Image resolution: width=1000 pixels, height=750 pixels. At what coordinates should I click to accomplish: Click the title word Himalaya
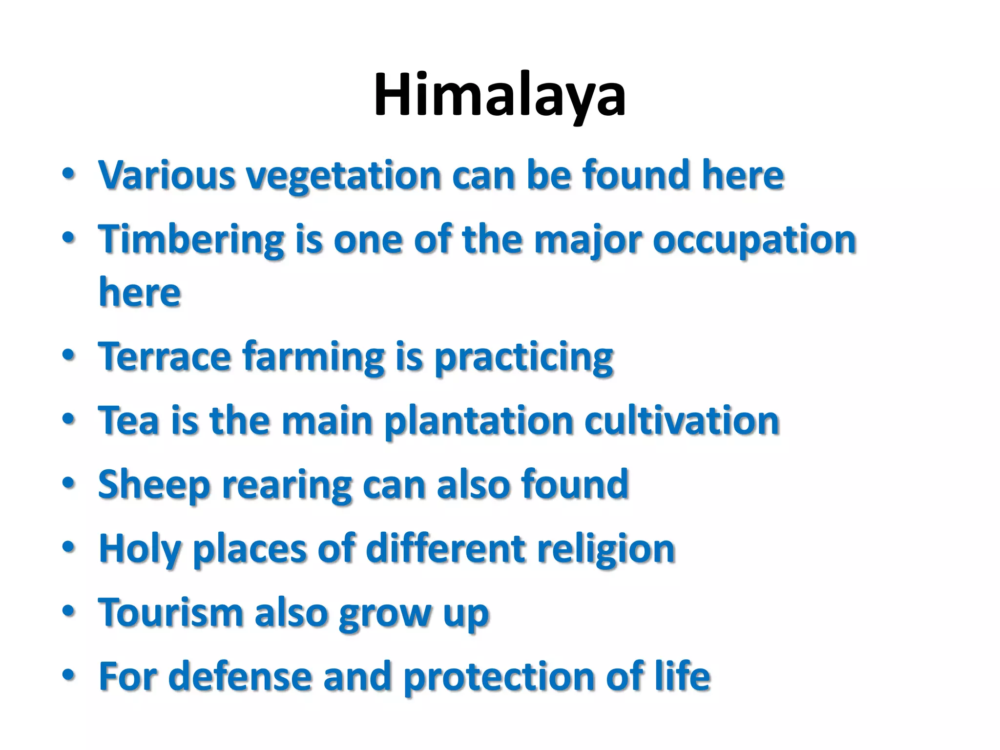point(500,95)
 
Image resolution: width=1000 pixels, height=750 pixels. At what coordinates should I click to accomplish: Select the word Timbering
point(191,241)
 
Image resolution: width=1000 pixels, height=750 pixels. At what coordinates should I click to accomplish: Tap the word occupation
point(754,241)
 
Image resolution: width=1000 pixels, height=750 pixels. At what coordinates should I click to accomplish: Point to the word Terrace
point(165,356)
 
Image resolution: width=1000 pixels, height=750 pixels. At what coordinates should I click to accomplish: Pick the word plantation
point(479,421)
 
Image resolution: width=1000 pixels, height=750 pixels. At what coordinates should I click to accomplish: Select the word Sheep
point(154,485)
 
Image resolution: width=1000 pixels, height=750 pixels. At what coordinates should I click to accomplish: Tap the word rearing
point(287,486)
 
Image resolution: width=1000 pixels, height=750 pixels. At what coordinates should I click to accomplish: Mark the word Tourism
point(170,613)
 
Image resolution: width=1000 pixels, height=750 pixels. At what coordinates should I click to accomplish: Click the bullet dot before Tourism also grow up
point(68,611)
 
